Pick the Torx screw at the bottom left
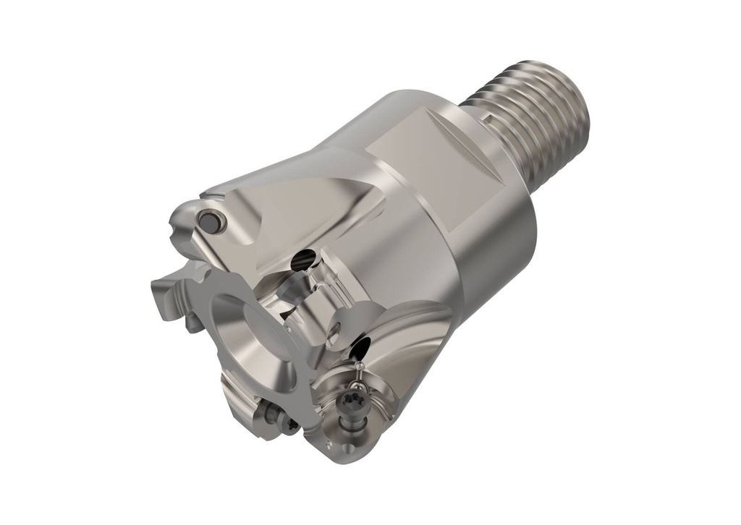(x=274, y=418)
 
